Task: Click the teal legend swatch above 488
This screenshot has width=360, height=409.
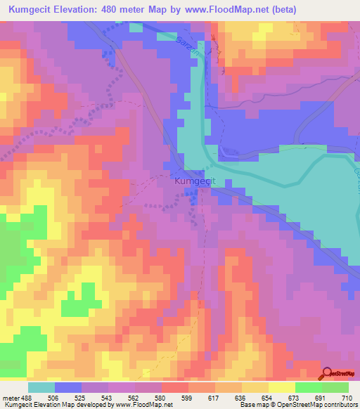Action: tap(41, 387)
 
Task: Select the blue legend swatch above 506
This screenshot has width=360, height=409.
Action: tap(68, 387)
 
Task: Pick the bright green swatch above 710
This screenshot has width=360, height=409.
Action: tap(335, 387)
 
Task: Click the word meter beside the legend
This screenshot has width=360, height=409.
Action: tap(11, 398)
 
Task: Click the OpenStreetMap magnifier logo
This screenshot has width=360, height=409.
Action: tap(326, 373)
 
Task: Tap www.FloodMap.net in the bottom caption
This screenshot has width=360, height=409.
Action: tap(145, 405)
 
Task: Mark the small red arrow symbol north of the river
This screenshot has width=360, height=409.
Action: tap(217, 49)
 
